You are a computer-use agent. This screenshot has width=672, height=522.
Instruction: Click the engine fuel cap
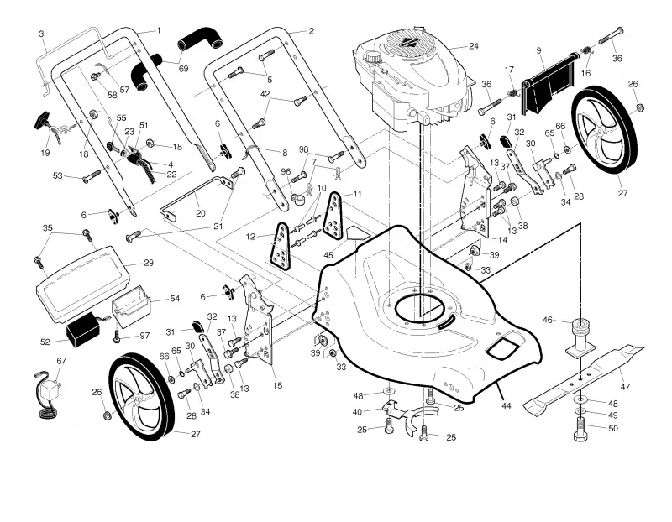pos(372,57)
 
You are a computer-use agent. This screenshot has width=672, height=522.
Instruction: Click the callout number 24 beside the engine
pos(473,46)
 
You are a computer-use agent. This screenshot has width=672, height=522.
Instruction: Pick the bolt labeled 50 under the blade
pos(580,431)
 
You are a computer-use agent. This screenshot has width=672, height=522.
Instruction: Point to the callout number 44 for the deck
pos(507,405)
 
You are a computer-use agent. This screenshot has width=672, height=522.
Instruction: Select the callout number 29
pos(149,263)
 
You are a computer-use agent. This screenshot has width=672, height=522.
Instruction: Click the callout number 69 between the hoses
pos(183,69)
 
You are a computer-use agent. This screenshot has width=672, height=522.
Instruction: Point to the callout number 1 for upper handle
pos(159,30)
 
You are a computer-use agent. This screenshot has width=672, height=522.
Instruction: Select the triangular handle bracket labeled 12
pos(281,246)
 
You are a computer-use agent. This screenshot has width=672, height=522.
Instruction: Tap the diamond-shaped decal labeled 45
pos(358,234)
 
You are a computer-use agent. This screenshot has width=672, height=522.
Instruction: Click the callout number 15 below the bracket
pos(277,385)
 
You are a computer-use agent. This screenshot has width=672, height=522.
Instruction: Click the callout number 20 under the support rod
pos(200,213)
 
